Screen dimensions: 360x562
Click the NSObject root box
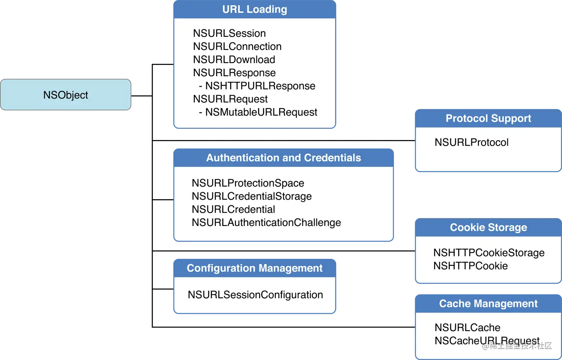tap(66, 95)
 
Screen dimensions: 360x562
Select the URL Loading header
tap(254, 10)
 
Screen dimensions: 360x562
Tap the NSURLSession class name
tap(229, 33)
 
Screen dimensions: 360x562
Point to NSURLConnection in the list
tap(237, 46)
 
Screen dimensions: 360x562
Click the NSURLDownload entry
tap(234, 60)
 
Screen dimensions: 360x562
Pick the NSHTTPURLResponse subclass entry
tap(260, 86)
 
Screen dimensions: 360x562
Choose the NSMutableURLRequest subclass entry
tap(261, 112)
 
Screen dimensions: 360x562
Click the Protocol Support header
tap(488, 119)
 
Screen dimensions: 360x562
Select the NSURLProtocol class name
tap(471, 142)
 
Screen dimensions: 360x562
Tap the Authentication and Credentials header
tap(284, 158)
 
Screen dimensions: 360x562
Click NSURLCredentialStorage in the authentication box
tap(252, 196)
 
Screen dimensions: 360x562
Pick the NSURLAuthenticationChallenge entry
tap(266, 222)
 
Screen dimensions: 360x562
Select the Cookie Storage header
tap(488, 228)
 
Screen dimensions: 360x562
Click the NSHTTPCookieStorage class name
tap(488, 253)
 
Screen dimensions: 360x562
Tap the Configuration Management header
tap(254, 268)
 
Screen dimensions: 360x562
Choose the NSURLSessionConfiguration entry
tap(255, 295)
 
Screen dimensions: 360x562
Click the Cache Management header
tap(488, 304)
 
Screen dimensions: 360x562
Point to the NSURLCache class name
tap(467, 328)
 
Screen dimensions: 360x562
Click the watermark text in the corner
tap(516, 346)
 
